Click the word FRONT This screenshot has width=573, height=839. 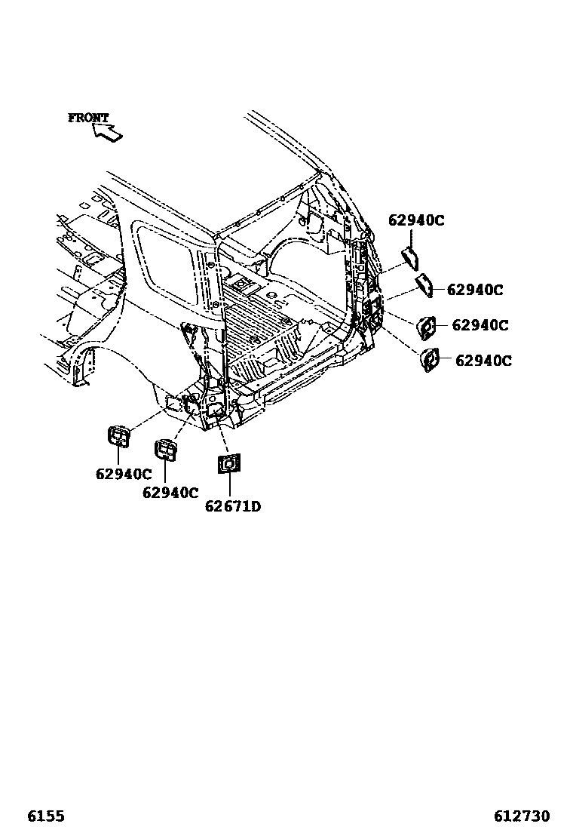tap(88, 118)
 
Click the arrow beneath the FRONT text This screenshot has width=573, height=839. tap(106, 132)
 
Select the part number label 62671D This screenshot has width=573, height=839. tap(232, 506)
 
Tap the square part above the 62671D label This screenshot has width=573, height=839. tap(228, 463)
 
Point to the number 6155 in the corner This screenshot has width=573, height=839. tap(45, 816)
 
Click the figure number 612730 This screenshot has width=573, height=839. tap(522, 816)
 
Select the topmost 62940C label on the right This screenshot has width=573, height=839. tap(416, 220)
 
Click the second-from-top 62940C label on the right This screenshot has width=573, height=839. tap(475, 290)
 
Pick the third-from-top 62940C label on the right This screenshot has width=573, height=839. tap(480, 325)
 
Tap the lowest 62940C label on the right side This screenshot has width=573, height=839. tap(483, 361)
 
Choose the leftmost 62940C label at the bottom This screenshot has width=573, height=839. tap(124, 474)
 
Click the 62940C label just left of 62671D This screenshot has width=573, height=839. tap(170, 492)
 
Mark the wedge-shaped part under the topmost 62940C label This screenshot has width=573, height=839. tap(410, 257)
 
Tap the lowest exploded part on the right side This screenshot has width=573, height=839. tap(431, 360)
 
